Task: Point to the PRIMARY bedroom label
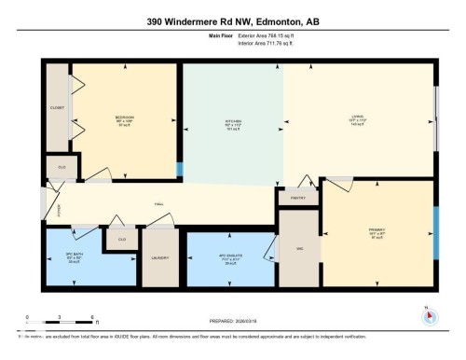(377, 229)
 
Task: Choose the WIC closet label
(299, 248)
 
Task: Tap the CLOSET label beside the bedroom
(57, 108)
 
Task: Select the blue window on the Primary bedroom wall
(435, 225)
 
